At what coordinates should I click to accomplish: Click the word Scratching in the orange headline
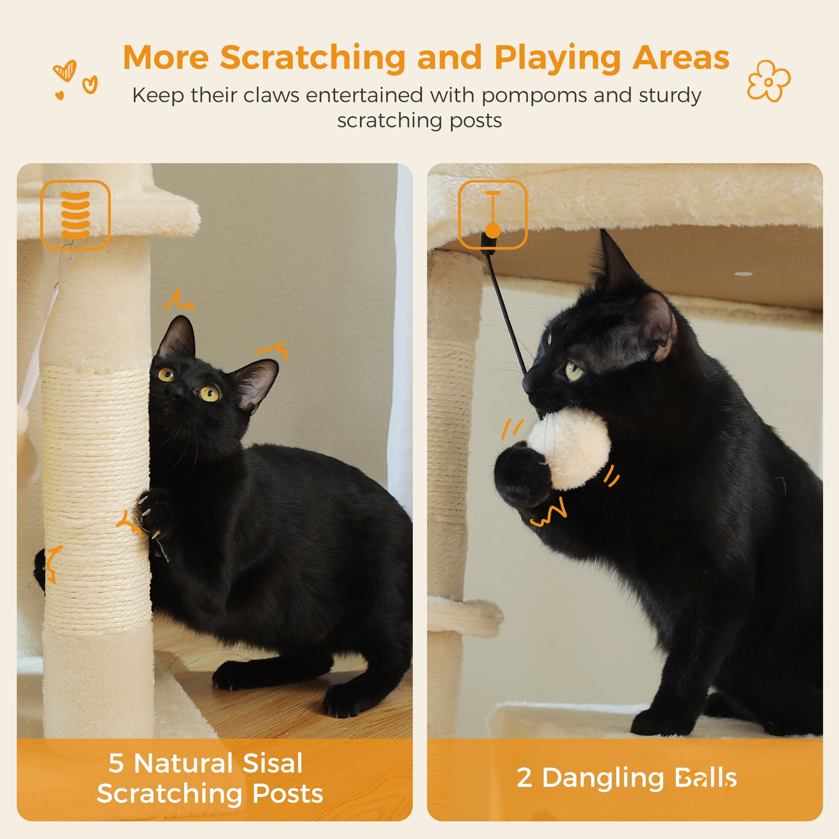coord(313,58)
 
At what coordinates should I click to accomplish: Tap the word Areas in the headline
coord(680,58)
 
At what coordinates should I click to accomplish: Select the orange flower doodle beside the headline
coord(769,81)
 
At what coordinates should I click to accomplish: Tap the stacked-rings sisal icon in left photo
coord(76,215)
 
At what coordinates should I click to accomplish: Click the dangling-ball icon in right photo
coord(492,215)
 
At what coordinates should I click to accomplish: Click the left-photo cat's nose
coord(177,395)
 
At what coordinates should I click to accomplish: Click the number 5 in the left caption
coord(116,763)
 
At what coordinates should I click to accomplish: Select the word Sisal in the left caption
coord(272,763)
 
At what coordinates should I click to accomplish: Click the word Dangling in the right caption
coord(603,778)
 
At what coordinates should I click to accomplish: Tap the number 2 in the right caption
coord(524,778)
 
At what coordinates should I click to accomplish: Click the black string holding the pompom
coord(506,313)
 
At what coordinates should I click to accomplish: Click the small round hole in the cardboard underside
coord(743,274)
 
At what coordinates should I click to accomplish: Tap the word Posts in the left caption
coord(287,793)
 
